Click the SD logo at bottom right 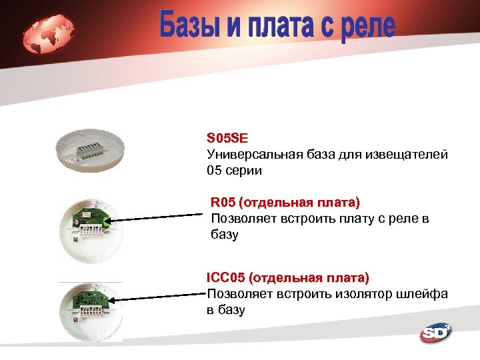point(435,333)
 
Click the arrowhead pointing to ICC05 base point(111,301)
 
